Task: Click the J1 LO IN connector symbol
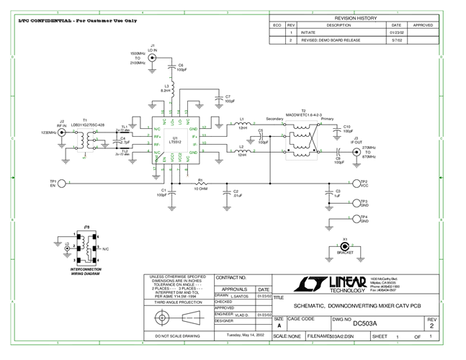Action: pos(153,64)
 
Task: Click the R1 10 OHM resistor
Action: pos(201,184)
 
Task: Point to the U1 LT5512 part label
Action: pos(174,140)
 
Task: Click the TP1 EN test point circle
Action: pos(62,184)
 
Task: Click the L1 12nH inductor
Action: pos(243,125)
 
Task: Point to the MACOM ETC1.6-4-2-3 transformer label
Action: pos(303,114)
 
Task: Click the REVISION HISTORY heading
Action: pos(355,18)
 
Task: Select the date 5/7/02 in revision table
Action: pos(396,40)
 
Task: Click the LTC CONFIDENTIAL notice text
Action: pos(77,20)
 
